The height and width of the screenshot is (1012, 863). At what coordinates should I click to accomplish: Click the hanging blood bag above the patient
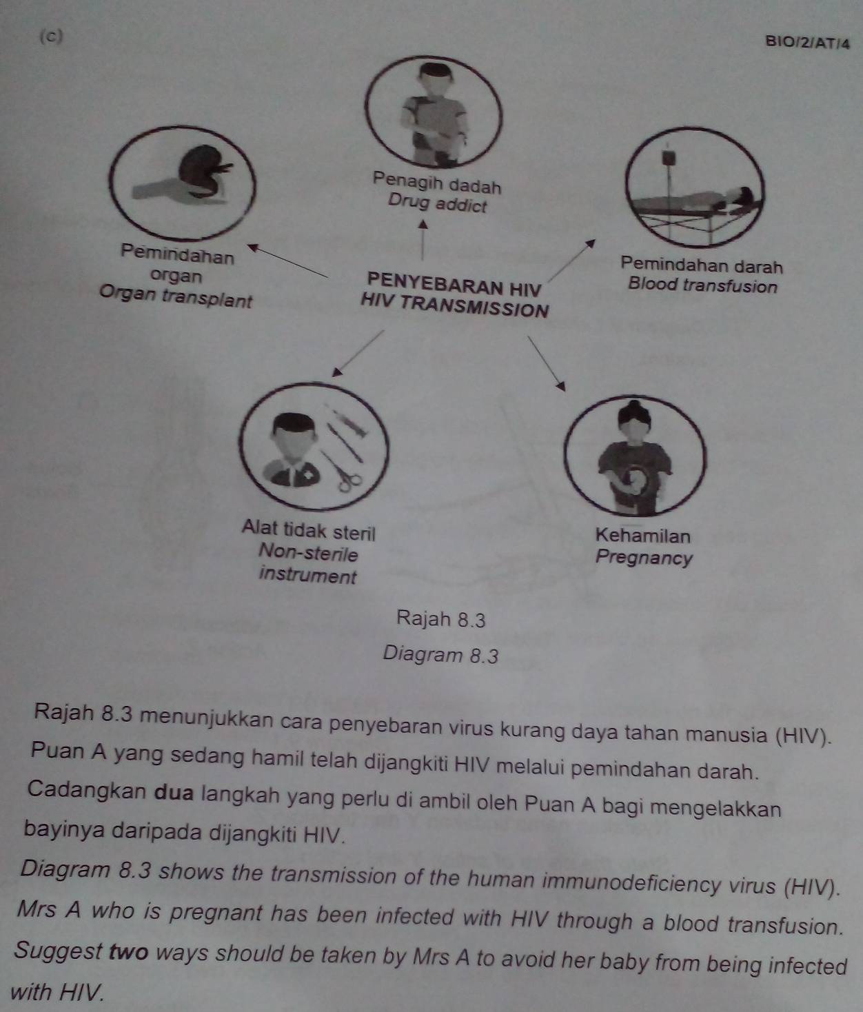point(667,158)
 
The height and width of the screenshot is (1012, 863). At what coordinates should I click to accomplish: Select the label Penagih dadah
point(436,184)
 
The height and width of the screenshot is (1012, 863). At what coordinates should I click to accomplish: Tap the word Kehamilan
point(643,536)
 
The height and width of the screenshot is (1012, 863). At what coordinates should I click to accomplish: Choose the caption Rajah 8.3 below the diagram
point(441,620)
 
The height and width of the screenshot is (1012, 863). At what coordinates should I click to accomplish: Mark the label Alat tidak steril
point(308,530)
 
